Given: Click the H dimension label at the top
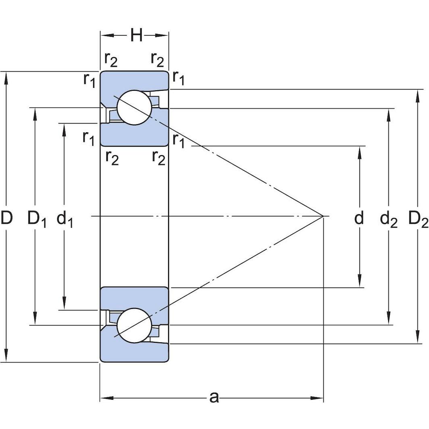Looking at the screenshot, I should pyautogui.click(x=136, y=36).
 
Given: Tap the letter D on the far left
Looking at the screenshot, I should pyautogui.click(x=6, y=218).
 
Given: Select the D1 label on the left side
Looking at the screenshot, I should pyautogui.click(x=36, y=219).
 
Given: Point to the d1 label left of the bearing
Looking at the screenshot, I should pyautogui.click(x=65, y=219).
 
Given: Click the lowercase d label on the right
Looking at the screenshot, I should pyautogui.click(x=359, y=218).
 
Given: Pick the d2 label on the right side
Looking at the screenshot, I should pyautogui.click(x=389, y=219).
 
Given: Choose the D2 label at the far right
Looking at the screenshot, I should pyautogui.click(x=418, y=219).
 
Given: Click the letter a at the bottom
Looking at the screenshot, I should pyautogui.click(x=214, y=397).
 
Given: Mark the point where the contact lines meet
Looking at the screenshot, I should pyautogui.click(x=323, y=217).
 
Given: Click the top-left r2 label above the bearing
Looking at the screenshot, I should pyautogui.click(x=111, y=59).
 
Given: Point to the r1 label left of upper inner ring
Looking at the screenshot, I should pyautogui.click(x=89, y=138).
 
